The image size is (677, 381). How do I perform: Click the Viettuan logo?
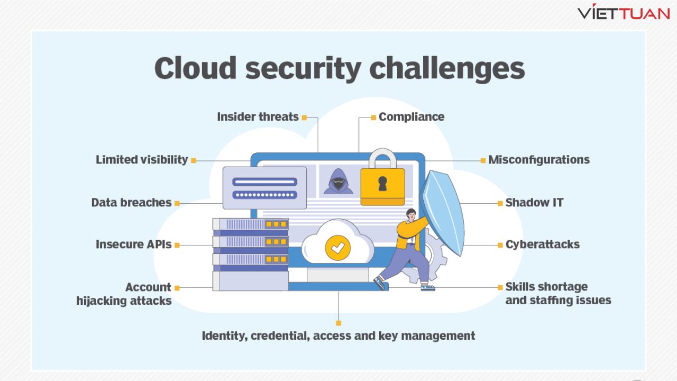[x=624, y=13]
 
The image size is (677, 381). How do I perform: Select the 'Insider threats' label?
[x=258, y=117]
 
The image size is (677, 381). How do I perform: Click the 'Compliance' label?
[x=411, y=117]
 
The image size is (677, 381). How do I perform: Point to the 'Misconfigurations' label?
[x=538, y=160]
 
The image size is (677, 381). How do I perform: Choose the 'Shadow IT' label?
[x=534, y=203]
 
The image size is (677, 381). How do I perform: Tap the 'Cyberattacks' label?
[x=542, y=244]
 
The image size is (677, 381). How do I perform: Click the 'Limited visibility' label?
[x=142, y=160]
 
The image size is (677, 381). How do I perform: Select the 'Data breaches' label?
[x=131, y=203]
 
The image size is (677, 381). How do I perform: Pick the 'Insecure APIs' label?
[x=134, y=244]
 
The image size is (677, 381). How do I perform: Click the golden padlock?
[x=382, y=183]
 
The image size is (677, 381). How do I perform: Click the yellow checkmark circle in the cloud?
[x=338, y=247]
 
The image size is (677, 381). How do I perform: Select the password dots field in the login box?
[x=264, y=195]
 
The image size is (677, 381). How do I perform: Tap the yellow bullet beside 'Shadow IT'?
[x=500, y=203]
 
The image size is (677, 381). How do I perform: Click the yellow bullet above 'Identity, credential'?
[x=338, y=323]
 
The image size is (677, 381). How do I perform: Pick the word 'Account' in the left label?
[x=148, y=287]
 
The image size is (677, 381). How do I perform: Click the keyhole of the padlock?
[x=382, y=183]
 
